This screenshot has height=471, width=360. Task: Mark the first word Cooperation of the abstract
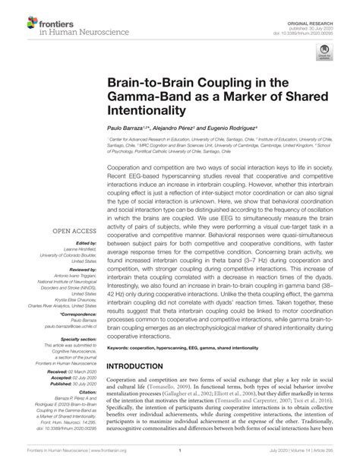click(127, 165)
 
